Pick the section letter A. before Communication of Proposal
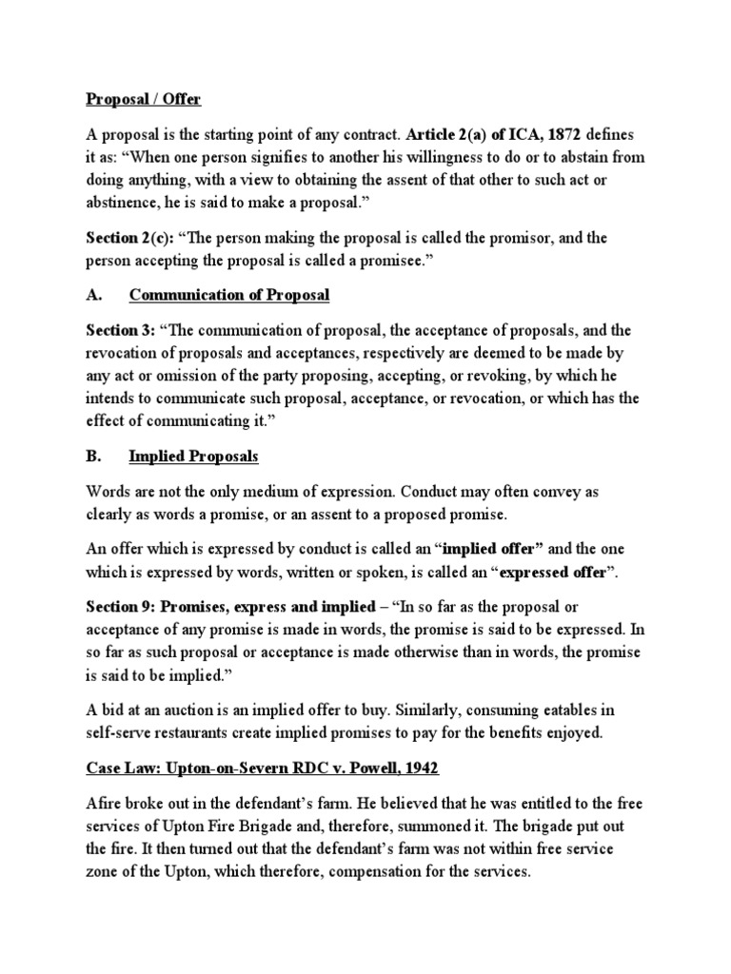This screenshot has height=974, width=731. [x=93, y=295]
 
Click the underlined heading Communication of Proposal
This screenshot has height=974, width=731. [x=229, y=295]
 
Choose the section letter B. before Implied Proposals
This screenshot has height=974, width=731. [x=93, y=457]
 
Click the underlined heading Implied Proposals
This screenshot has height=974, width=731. [x=193, y=457]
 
